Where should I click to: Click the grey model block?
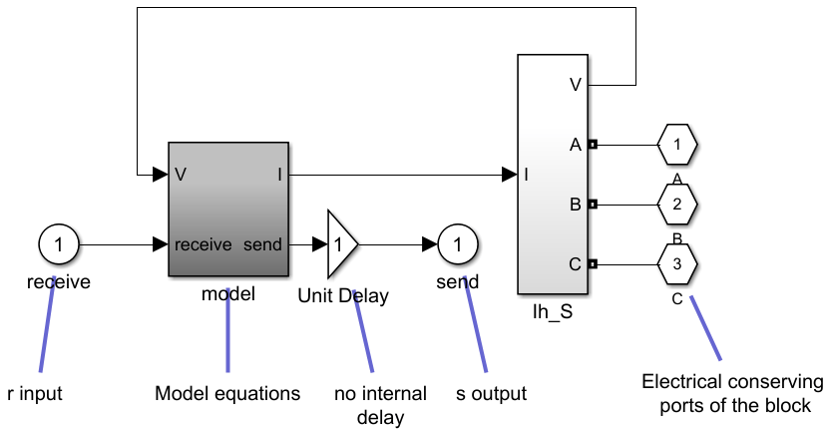point(228,208)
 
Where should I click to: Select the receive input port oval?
point(59,243)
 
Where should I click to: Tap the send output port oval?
point(458,243)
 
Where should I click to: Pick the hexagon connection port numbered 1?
point(677,145)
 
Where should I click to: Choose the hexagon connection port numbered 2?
point(677,205)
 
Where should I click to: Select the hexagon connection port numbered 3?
point(677,264)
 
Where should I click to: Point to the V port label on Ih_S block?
point(576,84)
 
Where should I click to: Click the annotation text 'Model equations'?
point(227,394)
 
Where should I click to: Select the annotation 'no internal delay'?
point(380,405)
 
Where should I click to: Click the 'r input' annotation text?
point(35,394)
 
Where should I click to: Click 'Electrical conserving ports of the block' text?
point(733,394)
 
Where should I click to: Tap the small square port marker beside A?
point(593,145)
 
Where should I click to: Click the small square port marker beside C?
point(593,264)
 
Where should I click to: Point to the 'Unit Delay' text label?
point(343,295)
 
